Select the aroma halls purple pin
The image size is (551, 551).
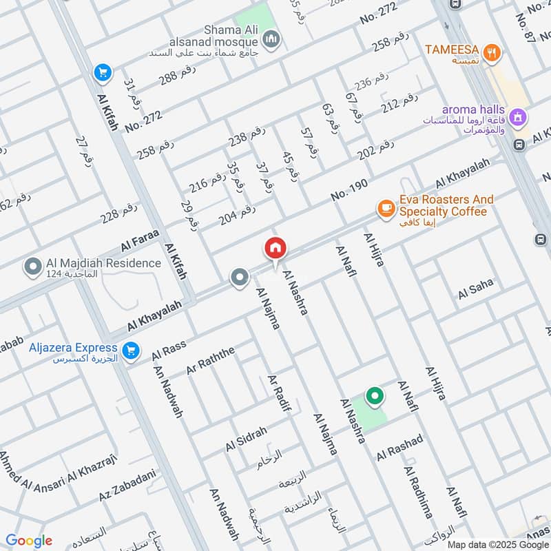tap(519, 118)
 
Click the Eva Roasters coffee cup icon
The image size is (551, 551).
tap(386, 206)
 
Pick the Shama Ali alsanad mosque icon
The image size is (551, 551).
tap(272, 39)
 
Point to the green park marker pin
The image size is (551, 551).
tap(374, 397)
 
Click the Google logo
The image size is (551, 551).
tap(28, 541)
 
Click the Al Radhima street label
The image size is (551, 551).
tap(418, 490)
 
